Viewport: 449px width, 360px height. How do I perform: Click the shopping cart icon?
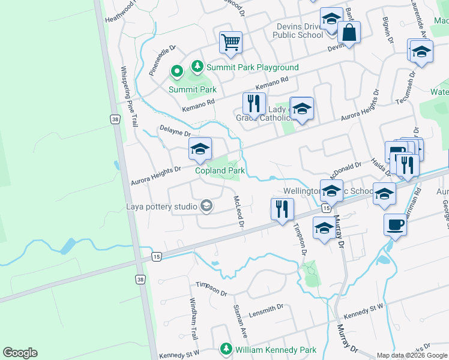tap(231, 42)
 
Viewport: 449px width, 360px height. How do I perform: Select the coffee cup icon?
tap(395, 224)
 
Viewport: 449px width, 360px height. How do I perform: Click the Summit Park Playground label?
tap(252, 67)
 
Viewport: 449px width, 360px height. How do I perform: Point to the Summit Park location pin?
tap(176, 73)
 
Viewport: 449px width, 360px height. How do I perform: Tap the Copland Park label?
tap(220, 170)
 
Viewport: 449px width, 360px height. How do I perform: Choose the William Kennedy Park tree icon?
tap(226, 349)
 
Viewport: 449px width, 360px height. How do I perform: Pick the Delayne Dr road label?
tap(175, 131)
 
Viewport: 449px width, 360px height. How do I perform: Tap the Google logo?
tap(20, 353)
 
